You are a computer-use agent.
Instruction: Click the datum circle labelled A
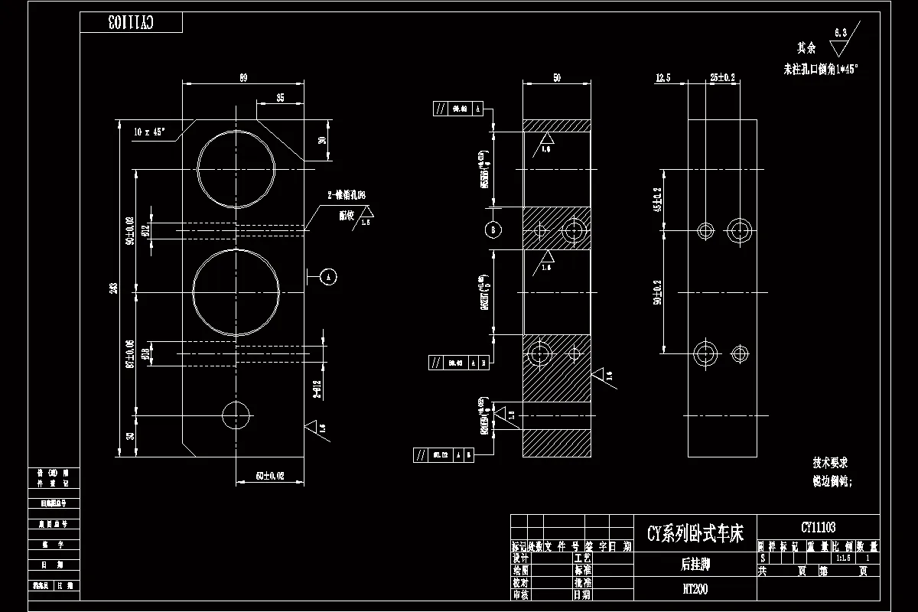click(x=328, y=276)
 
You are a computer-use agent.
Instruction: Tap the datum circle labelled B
click(x=493, y=229)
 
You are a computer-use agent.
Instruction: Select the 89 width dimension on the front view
click(x=243, y=77)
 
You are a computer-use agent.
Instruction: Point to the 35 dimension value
click(x=280, y=97)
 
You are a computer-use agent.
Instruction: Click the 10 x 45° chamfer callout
click(x=149, y=132)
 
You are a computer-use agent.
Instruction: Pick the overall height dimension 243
click(x=114, y=288)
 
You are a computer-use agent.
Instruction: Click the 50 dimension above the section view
click(x=556, y=77)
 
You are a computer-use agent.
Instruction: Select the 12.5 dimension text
click(x=663, y=77)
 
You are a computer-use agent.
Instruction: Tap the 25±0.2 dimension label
click(x=722, y=77)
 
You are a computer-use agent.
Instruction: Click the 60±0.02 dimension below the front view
click(x=269, y=476)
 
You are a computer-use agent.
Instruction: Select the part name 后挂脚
click(x=695, y=565)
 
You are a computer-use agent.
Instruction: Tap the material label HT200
click(x=695, y=589)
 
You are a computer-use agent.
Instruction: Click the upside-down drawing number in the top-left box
click(x=131, y=23)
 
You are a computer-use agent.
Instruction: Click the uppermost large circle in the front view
click(x=236, y=168)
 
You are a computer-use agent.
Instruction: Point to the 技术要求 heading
click(x=830, y=463)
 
